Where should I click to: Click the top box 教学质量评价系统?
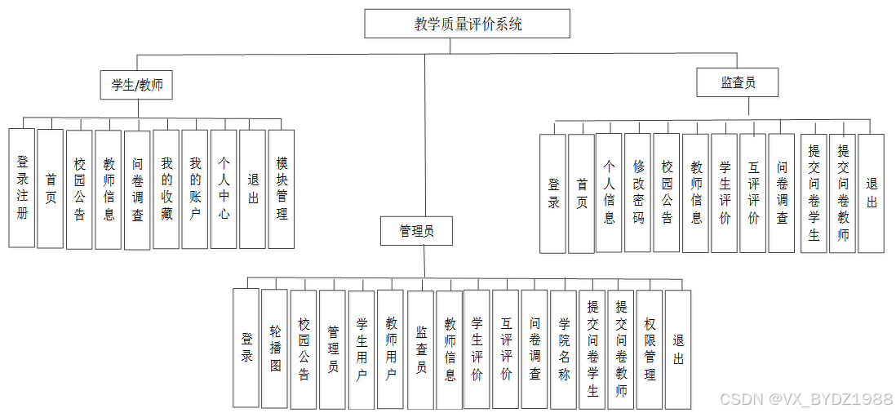tap(467, 24)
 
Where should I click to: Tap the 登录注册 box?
tap(22, 188)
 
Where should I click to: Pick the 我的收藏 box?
tap(166, 189)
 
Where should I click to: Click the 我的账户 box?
tap(194, 189)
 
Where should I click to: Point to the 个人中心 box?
tap(224, 189)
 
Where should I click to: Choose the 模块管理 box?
tap(281, 189)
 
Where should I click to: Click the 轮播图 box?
tap(275, 349)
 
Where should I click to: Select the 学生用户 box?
tap(362, 349)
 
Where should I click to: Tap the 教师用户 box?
tap(391, 349)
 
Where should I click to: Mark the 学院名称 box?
tap(564, 349)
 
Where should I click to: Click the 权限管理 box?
tap(650, 349)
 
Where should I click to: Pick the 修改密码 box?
tap(638, 193)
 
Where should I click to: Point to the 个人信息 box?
tap(609, 193)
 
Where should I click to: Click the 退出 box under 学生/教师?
tap(252, 189)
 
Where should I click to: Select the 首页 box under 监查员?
tap(581, 193)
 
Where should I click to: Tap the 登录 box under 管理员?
tap(246, 349)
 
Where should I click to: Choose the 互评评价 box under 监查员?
tap(753, 193)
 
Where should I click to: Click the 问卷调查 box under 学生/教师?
tap(137, 189)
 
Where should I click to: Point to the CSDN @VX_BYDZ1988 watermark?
tap(805, 399)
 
